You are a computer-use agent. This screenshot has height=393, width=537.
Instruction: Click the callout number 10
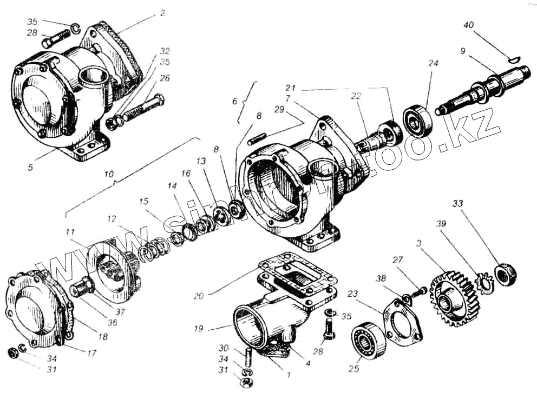click(x=109, y=175)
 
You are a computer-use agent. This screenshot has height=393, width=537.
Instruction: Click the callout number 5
click(x=30, y=168)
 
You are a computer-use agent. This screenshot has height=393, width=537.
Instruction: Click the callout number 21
click(x=291, y=88)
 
